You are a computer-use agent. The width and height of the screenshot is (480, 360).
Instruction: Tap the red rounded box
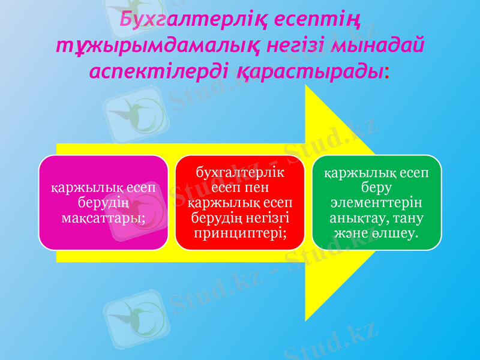click(x=239, y=202)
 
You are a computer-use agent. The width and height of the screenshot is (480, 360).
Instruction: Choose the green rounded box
click(x=376, y=202)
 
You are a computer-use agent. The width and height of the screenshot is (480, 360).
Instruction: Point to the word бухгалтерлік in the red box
click(x=240, y=174)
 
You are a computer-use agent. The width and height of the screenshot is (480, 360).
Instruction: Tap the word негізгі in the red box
click(x=268, y=216)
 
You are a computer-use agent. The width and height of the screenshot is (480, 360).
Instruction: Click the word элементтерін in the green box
click(x=376, y=202)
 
